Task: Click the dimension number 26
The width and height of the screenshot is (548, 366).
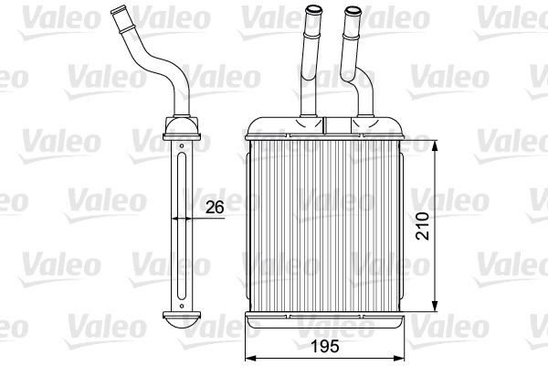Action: (215, 207)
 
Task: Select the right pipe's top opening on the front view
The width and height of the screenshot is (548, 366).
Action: (352, 10)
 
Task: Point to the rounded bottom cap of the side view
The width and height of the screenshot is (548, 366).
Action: (182, 321)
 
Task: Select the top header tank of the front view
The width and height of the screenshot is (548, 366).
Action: (327, 128)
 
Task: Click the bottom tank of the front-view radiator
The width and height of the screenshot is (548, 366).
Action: (327, 319)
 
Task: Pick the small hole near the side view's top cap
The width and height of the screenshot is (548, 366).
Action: (183, 143)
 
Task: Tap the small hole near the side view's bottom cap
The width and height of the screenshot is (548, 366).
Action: (183, 303)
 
